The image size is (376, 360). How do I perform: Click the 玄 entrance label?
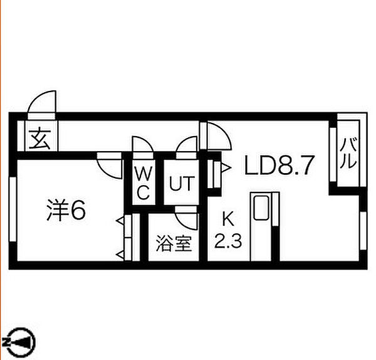coord(39,139)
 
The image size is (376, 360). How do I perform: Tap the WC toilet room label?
coord(144,183)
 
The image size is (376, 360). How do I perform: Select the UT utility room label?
coord(182,184)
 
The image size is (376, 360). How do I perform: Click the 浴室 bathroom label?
coord(174,243)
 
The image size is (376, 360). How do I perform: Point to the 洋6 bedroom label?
coord(66,210)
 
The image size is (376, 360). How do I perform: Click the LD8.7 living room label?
coord(279,166)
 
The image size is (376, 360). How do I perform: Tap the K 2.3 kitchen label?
coord(228,229)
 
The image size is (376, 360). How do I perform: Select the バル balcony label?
coord(348,153)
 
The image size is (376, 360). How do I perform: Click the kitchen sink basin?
coord(261,208)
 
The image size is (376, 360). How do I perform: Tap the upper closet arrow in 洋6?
coord(120,220)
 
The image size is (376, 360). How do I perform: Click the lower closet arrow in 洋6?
coord(120,254)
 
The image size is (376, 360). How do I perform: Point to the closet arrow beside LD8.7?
coord(226,167)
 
